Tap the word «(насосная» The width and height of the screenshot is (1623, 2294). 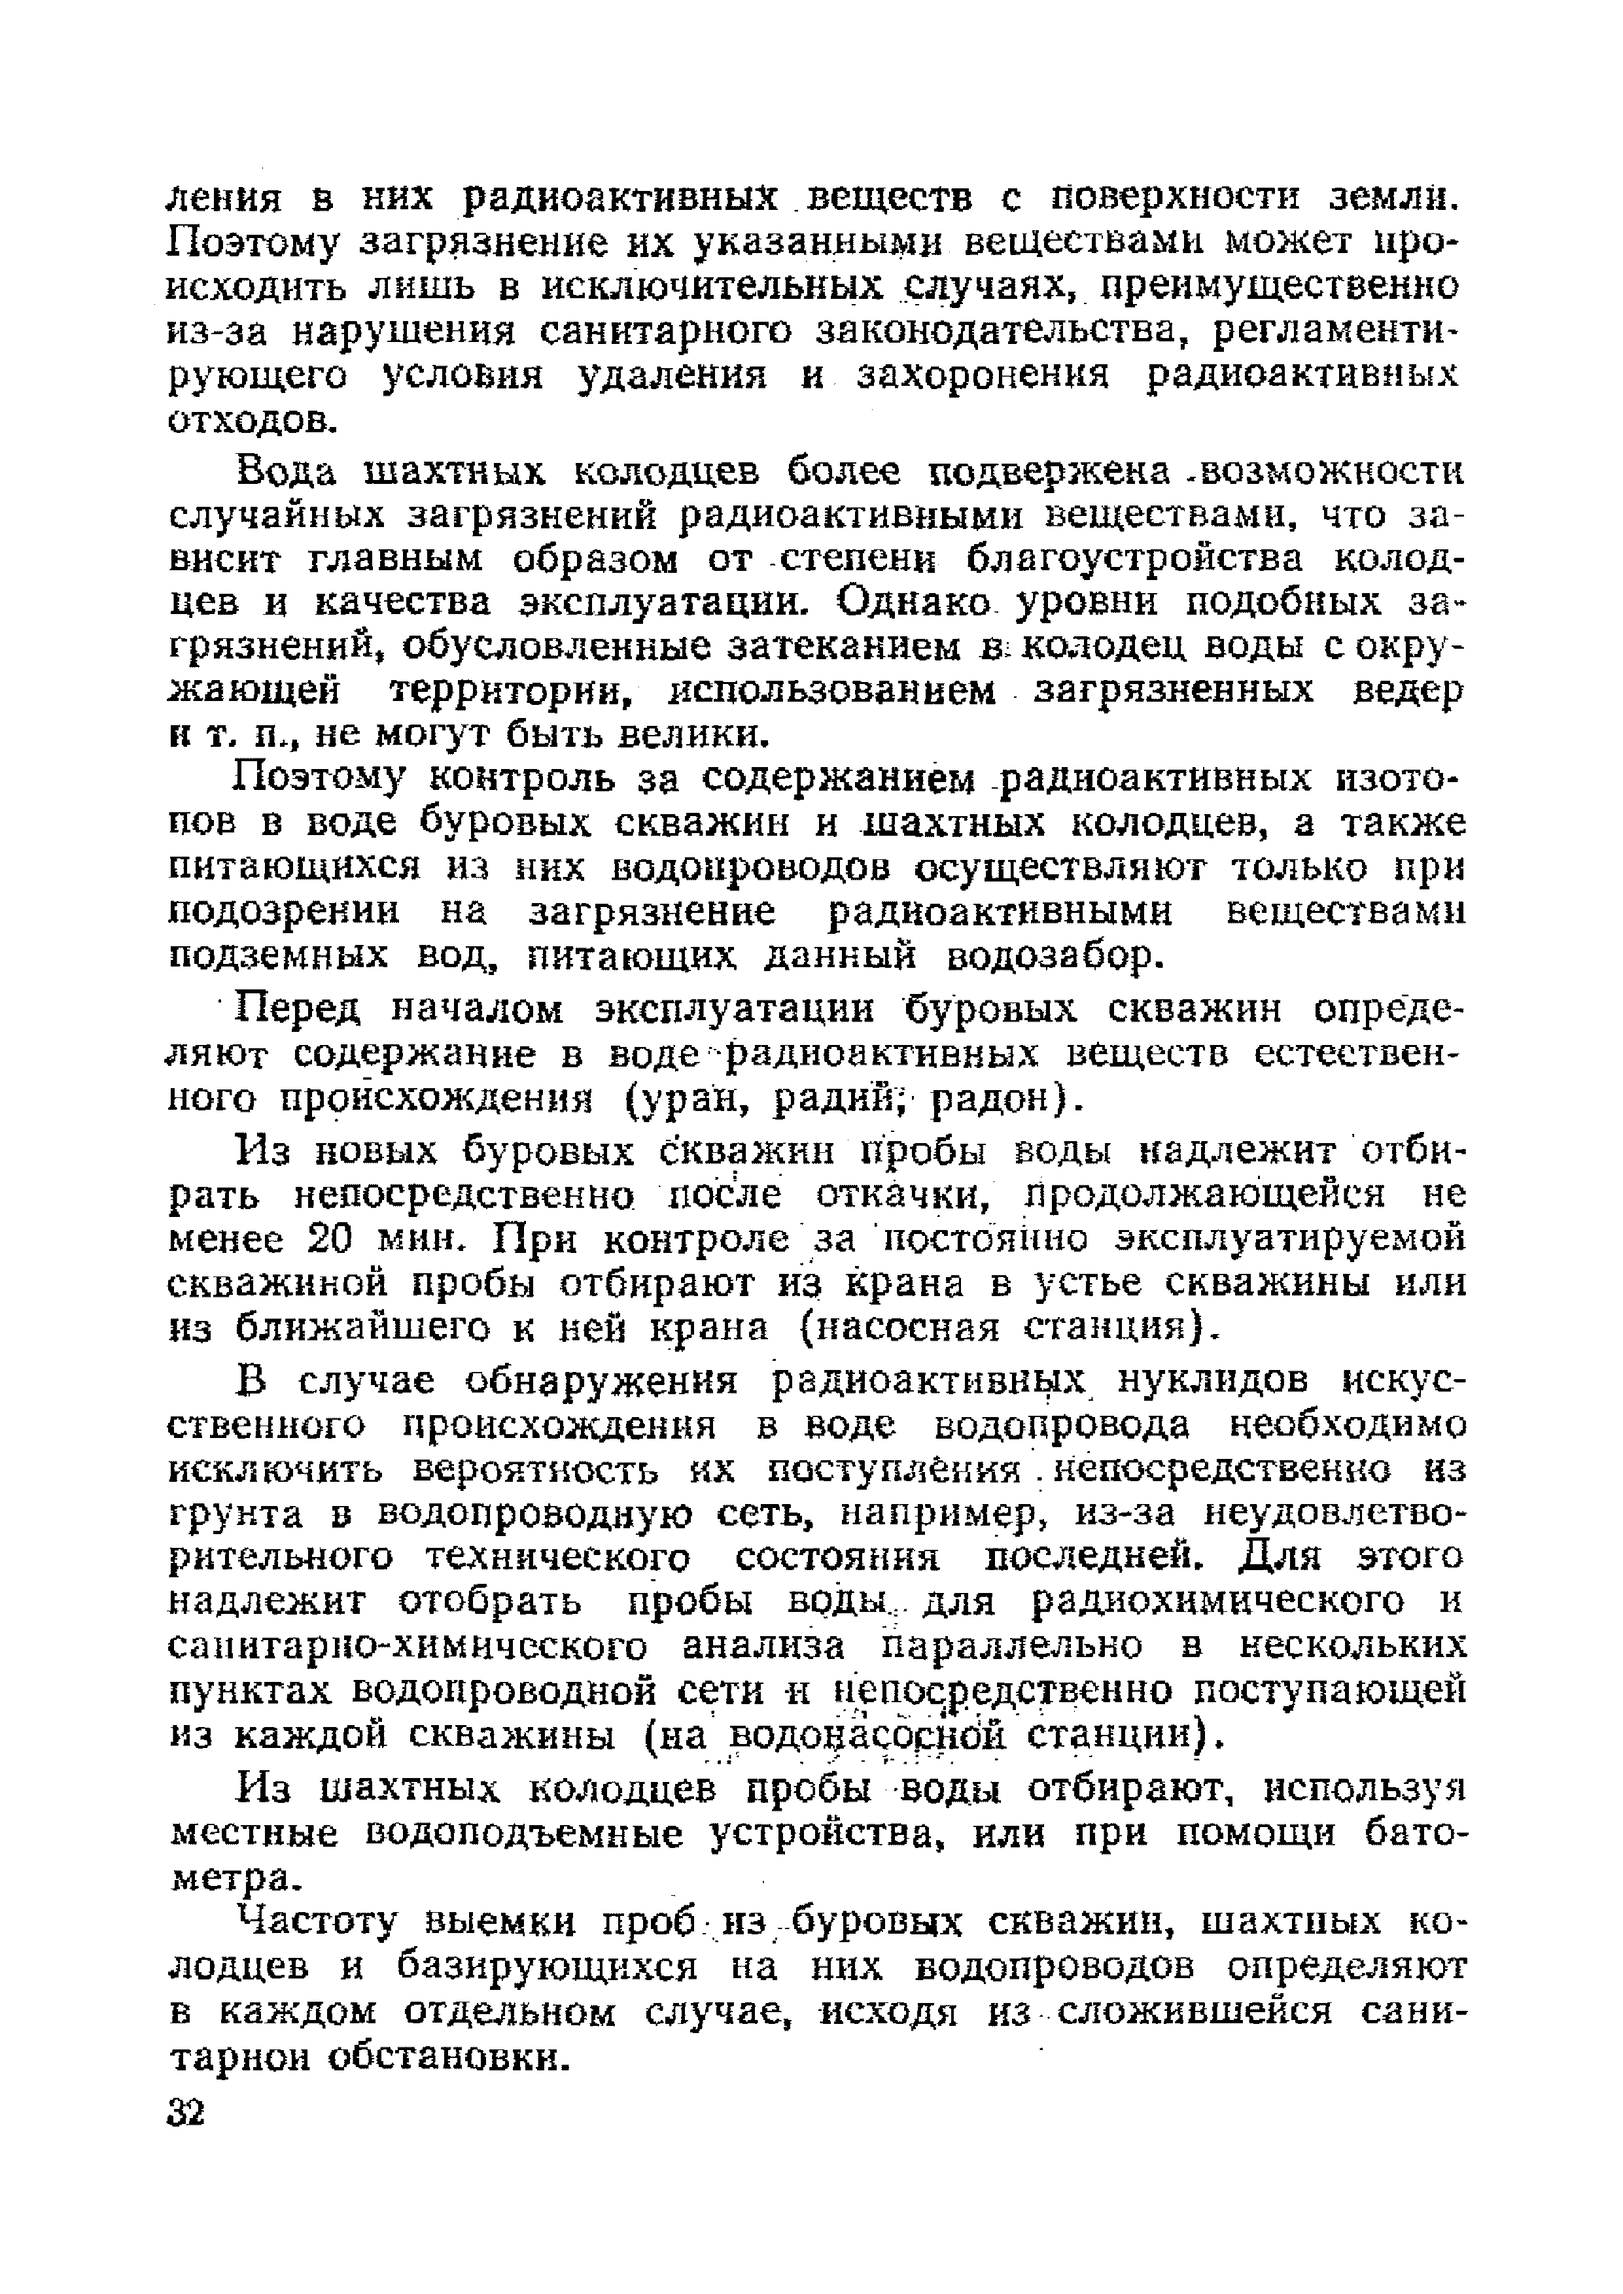click(900, 1329)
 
